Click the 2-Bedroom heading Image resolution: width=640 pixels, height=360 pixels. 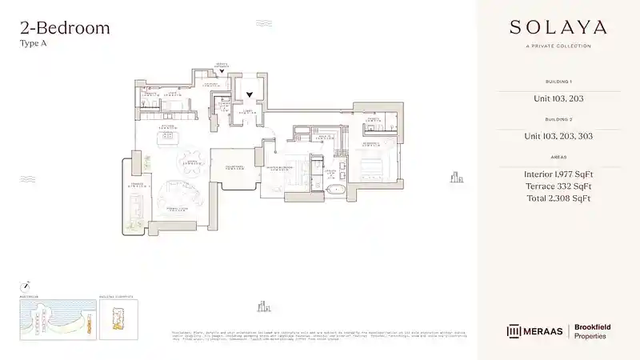click(x=64, y=29)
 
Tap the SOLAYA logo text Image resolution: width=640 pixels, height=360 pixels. click(x=558, y=27)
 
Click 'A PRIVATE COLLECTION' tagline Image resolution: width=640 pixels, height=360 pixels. click(x=558, y=46)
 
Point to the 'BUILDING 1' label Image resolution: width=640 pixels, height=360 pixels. click(x=558, y=82)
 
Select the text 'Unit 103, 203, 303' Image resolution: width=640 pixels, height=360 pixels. click(x=558, y=136)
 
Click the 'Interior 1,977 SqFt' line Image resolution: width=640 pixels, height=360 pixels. click(x=558, y=174)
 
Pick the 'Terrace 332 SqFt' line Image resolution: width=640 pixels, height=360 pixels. click(x=558, y=186)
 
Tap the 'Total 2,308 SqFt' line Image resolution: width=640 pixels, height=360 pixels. click(x=558, y=198)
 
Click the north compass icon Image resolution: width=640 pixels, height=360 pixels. click(x=26, y=284)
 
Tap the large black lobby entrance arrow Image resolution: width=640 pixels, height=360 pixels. click(x=250, y=94)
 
